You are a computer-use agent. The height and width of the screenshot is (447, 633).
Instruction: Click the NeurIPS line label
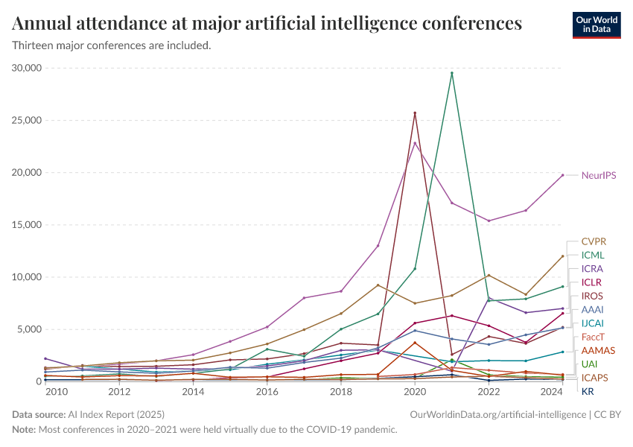point(598,176)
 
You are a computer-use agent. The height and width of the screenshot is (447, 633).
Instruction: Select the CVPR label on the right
point(594,241)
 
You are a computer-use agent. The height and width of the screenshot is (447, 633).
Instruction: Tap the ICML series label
point(593,255)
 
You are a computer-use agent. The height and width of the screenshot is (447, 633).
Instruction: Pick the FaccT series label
point(594,337)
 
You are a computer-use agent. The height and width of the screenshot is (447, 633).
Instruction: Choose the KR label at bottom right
point(588,392)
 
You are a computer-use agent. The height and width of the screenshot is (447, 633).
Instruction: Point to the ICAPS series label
point(594,378)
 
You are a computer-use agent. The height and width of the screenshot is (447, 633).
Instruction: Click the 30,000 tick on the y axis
point(28,68)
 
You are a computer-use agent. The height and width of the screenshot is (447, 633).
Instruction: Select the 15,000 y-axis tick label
point(28,225)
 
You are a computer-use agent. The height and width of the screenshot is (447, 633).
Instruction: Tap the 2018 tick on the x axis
point(341,392)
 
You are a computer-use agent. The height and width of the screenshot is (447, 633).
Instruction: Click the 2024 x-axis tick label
point(552,392)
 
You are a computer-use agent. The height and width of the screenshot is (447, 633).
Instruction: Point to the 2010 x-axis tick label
point(57,392)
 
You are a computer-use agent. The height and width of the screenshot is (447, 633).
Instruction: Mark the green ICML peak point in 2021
point(452,73)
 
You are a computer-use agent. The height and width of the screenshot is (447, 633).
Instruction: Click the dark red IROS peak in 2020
point(415,113)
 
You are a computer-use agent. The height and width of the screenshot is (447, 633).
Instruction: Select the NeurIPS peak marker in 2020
point(415,143)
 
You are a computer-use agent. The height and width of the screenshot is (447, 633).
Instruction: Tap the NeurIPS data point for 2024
point(562,175)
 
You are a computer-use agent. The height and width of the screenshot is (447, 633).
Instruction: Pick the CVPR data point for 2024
point(562,256)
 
